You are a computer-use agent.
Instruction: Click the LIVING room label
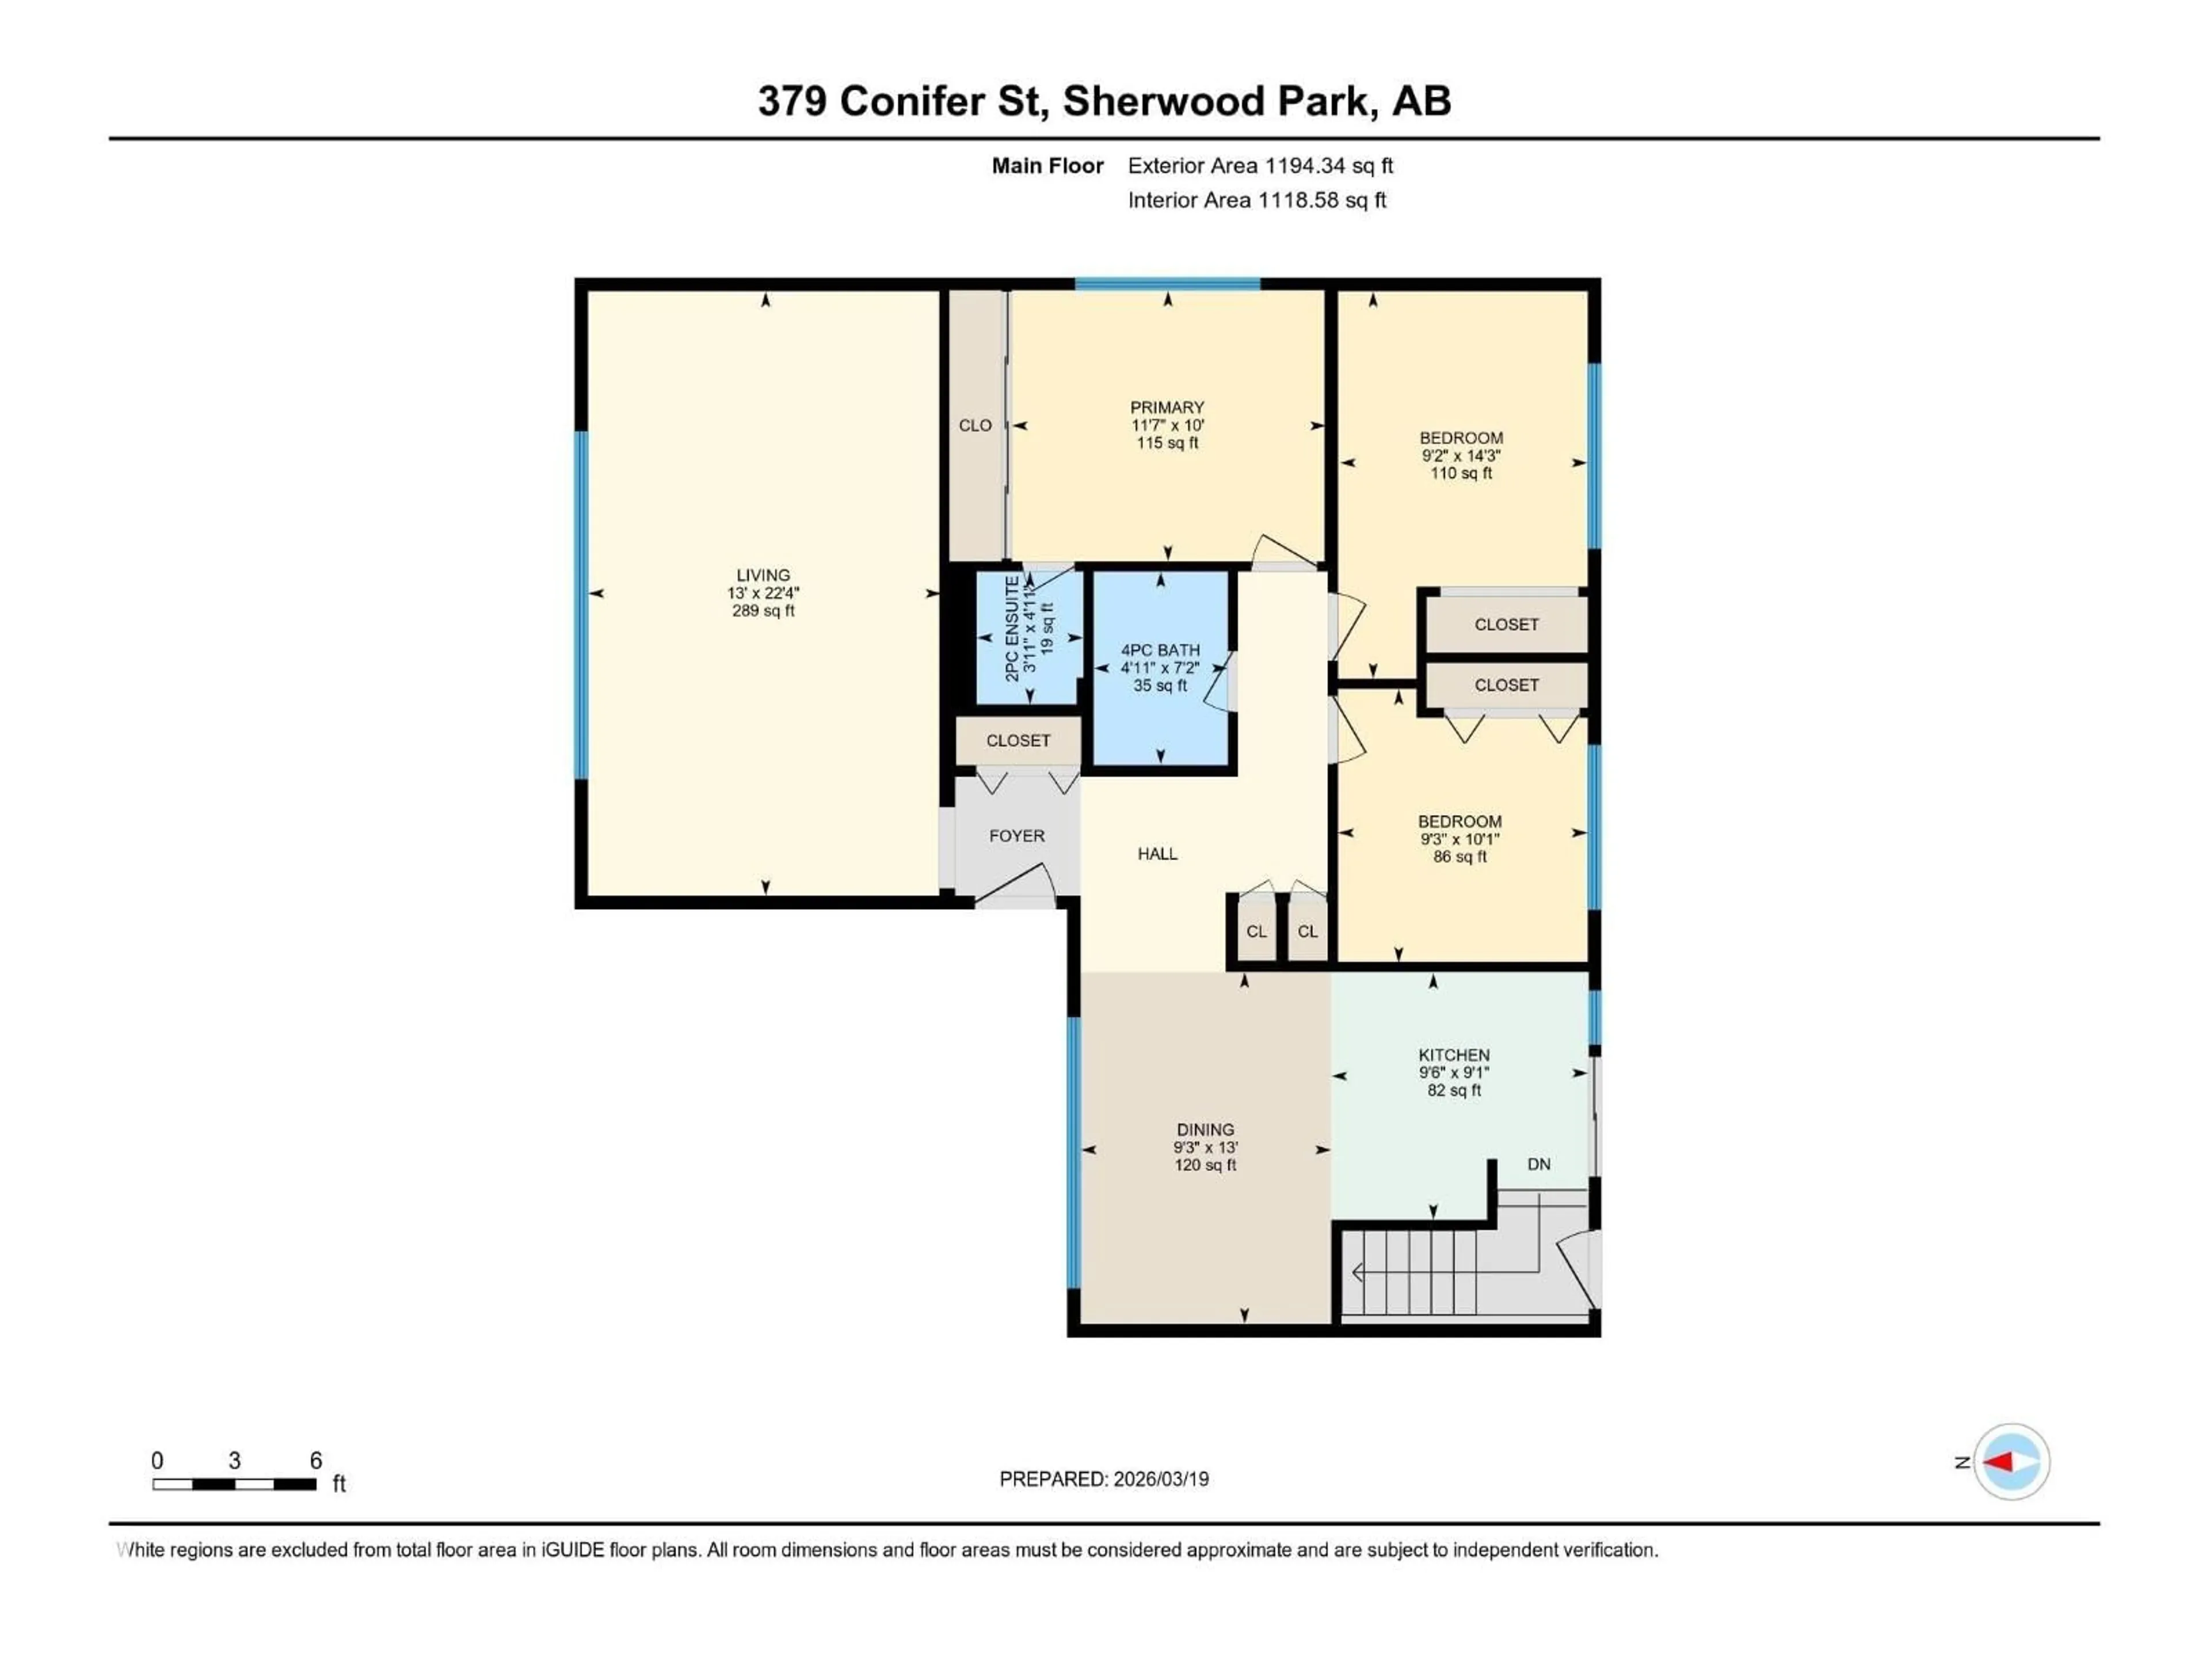(x=763, y=576)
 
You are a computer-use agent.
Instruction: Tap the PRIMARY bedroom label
(x=1167, y=408)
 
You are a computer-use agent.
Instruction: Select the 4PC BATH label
(x=1160, y=649)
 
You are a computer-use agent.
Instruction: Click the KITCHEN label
(x=1454, y=1055)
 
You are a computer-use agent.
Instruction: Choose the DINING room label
(x=1205, y=1130)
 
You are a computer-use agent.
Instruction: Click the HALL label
(x=1157, y=854)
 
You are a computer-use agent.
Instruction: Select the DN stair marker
(x=1538, y=1164)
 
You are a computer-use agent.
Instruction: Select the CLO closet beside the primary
(x=975, y=426)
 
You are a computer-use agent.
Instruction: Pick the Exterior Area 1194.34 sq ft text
(x=1260, y=166)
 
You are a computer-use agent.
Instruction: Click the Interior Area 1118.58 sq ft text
(x=1257, y=200)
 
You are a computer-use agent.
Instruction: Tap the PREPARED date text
(x=1104, y=1479)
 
